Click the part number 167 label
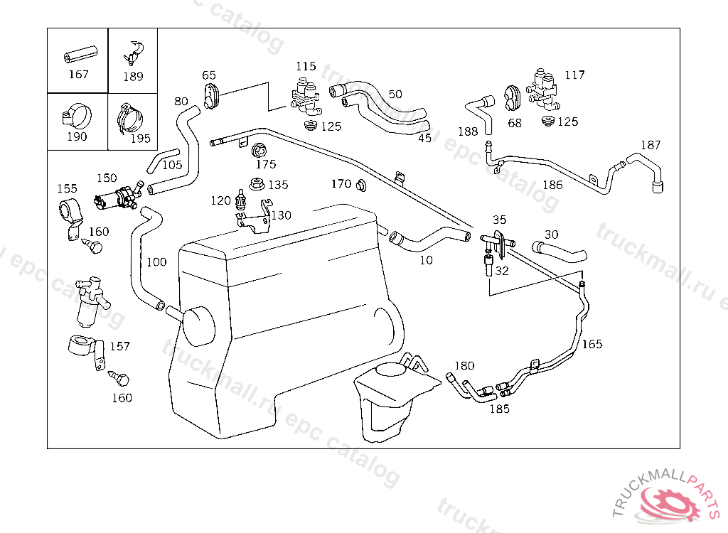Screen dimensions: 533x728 click(x=78, y=74)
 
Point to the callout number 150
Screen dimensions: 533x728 click(x=107, y=178)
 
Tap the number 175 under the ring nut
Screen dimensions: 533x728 click(x=266, y=165)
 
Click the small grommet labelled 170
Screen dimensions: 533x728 click(x=360, y=186)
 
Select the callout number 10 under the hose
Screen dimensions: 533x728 click(x=426, y=260)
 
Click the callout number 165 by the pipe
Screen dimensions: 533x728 click(x=591, y=344)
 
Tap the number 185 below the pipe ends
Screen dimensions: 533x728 click(x=500, y=409)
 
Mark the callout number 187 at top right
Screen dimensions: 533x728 click(x=650, y=145)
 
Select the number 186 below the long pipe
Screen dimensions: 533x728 click(x=552, y=185)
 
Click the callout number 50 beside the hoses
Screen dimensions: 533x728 click(x=395, y=94)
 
